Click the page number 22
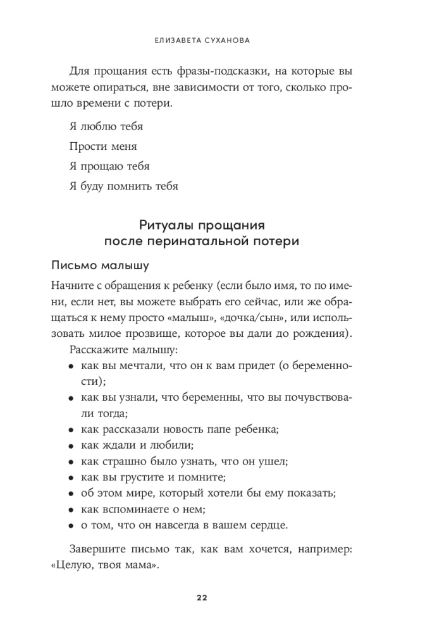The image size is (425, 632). pyautogui.click(x=202, y=597)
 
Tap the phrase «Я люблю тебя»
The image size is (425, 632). pyautogui.click(x=106, y=126)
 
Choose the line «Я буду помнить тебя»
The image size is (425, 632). pyautogui.click(x=123, y=186)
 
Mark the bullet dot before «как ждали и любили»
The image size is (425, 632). pyautogui.click(x=71, y=445)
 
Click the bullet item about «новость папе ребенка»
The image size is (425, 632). pyautogui.click(x=180, y=428)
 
